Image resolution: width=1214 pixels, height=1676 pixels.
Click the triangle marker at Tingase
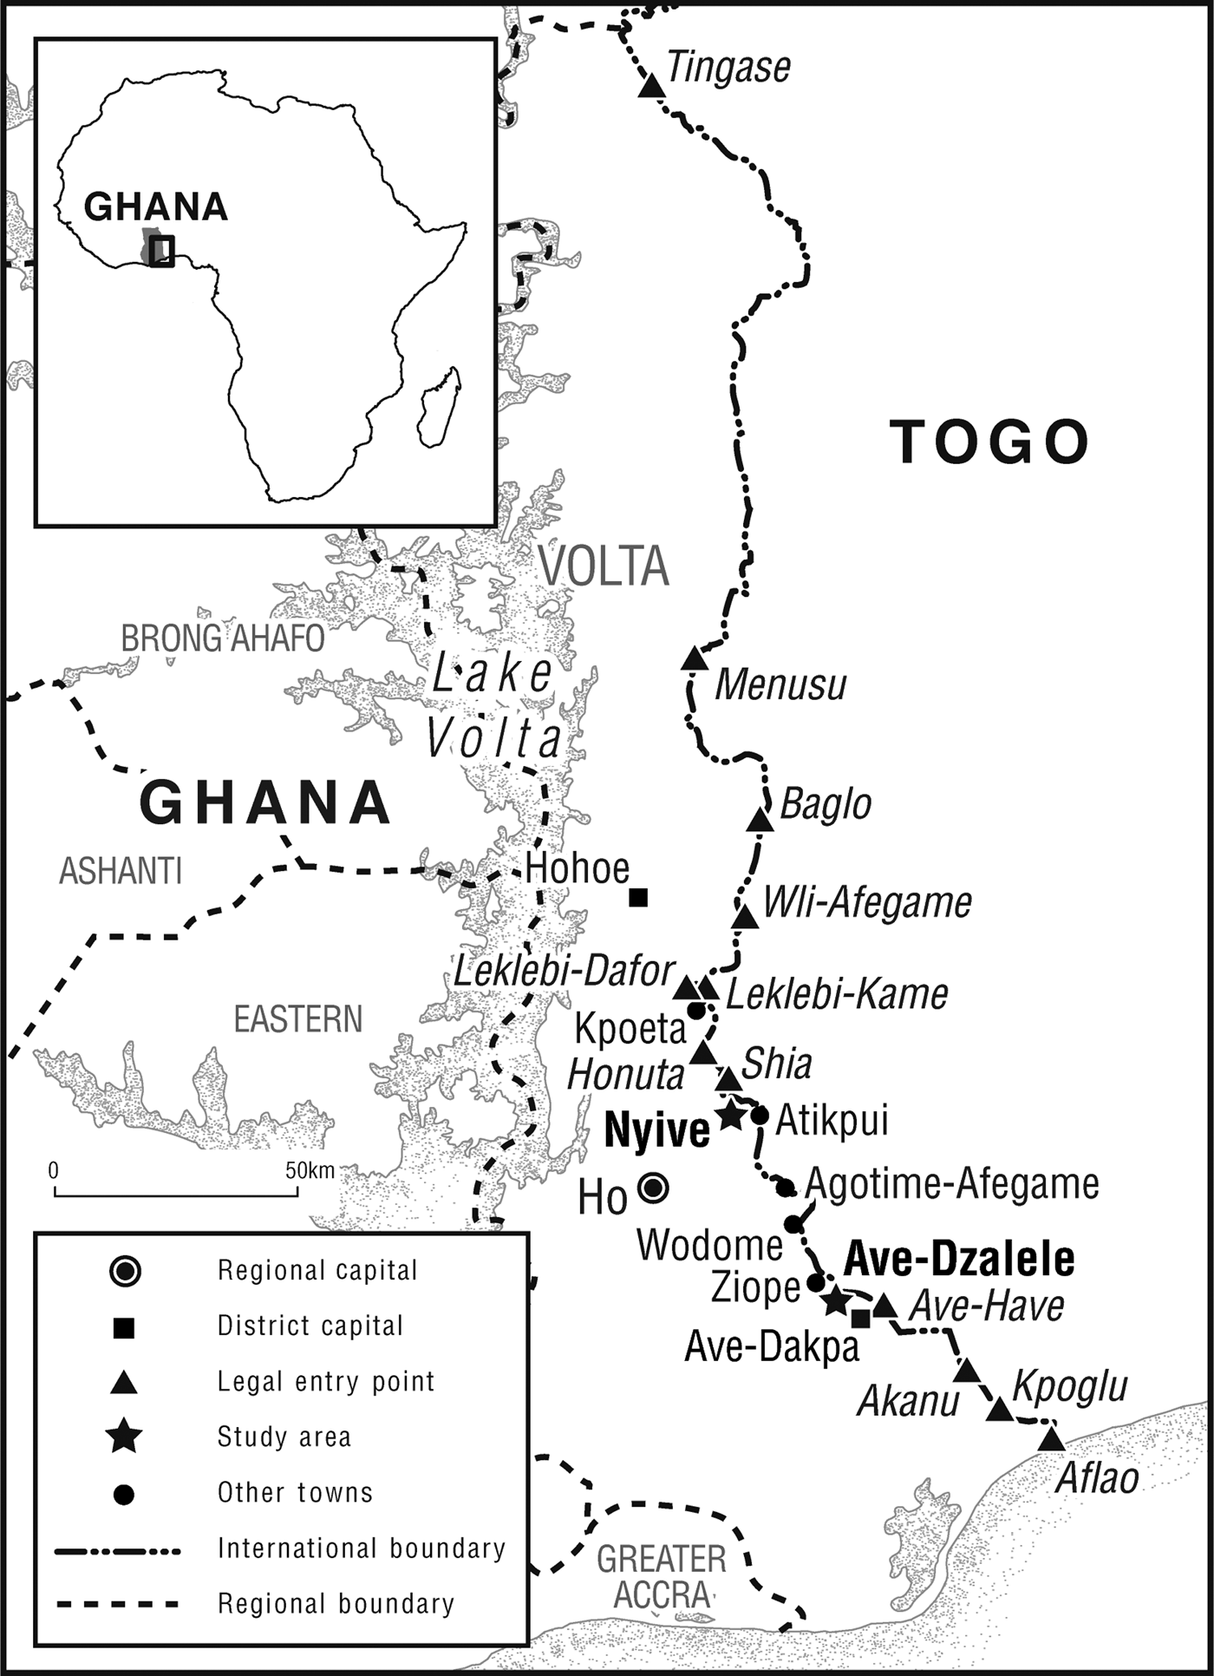(651, 87)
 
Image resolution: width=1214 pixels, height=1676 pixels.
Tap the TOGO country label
(989, 442)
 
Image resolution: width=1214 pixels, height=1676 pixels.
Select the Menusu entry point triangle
(694, 659)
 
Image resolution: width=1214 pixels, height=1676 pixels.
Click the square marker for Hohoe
(638, 898)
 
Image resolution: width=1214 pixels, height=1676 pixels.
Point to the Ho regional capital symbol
(653, 1188)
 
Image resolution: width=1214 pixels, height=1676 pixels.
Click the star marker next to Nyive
(730, 1116)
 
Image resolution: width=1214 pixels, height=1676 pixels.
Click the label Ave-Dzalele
(958, 1259)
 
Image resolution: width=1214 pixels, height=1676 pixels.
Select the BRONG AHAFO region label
(222, 638)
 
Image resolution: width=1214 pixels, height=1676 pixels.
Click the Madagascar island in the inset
(440, 408)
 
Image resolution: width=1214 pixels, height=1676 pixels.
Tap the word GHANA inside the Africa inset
(156, 206)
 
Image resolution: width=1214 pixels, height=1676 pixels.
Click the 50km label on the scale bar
(310, 1170)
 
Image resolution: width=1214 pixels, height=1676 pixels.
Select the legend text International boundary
(361, 1548)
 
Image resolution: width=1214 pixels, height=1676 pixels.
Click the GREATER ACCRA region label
(662, 1577)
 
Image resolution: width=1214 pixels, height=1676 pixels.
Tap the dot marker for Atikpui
(760, 1116)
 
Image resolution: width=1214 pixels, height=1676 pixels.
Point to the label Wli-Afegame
(867, 902)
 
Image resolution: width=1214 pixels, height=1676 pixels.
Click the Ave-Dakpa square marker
(860, 1319)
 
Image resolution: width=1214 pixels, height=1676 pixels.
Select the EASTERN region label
(297, 1019)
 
